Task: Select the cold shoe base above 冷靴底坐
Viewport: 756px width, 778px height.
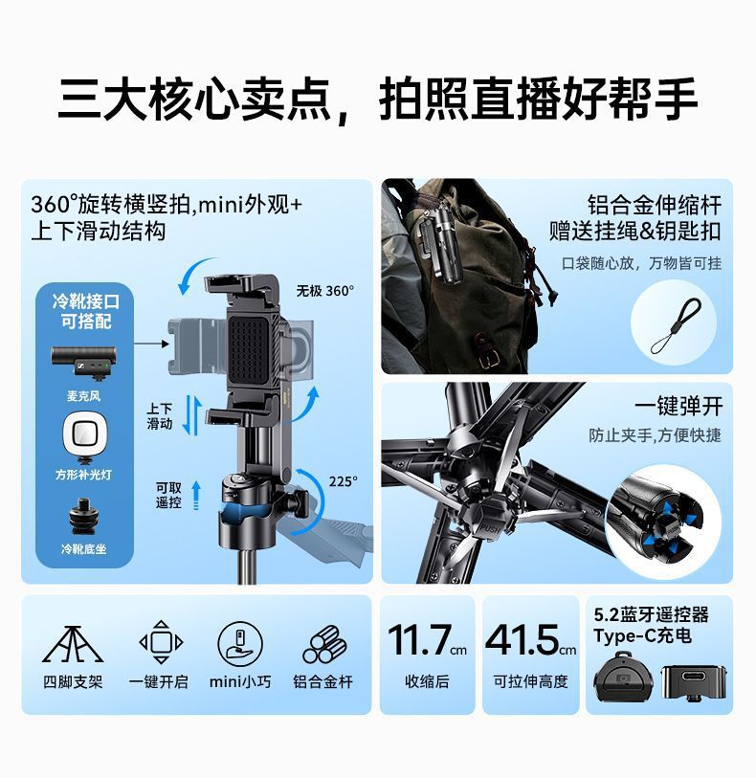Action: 83,517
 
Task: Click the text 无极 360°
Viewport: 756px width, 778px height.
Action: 325,291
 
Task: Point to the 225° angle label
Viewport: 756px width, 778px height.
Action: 343,481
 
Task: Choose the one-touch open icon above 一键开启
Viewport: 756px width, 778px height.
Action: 161,641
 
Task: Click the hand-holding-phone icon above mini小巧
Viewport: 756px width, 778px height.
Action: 239,643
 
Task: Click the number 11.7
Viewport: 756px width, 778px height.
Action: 419,639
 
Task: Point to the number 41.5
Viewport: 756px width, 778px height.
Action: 522,639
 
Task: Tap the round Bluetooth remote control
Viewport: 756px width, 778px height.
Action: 623,678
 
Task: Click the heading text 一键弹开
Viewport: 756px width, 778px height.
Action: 678,407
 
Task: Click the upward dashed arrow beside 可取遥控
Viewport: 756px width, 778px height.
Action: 196,495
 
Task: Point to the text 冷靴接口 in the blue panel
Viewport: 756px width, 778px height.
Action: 86,301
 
